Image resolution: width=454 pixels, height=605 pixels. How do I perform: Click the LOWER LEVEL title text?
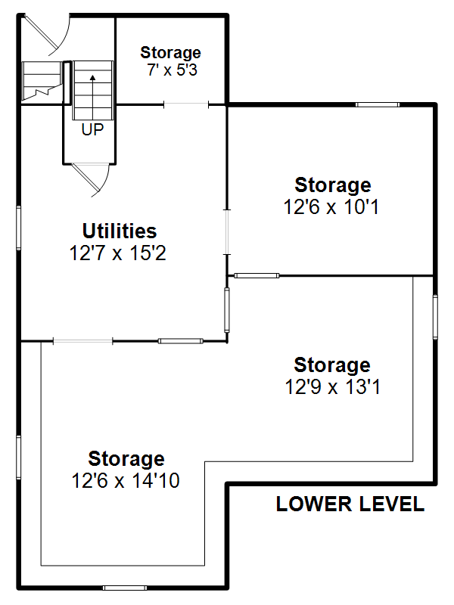350,504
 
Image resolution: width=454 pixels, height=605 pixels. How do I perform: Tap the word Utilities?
120,231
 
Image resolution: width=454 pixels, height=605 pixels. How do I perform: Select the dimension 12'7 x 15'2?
118,253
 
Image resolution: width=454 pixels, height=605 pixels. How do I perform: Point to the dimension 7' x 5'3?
172,70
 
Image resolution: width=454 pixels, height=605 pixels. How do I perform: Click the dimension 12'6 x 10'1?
331,206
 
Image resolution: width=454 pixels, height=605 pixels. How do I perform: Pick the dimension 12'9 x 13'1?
332,386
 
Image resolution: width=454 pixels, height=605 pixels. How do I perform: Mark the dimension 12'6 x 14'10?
126,481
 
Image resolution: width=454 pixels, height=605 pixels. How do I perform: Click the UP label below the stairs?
92,130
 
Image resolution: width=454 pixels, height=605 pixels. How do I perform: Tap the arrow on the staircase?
92,97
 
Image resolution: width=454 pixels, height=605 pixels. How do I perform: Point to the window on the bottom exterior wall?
125,588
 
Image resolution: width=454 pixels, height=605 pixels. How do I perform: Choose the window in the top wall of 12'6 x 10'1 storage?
377,104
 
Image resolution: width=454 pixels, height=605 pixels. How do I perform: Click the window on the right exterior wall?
436,317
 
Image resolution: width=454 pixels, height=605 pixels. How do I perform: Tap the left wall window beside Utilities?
18,228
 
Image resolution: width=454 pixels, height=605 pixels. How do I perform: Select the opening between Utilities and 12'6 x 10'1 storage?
227,232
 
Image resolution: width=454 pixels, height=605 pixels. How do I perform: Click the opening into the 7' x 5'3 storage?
186,104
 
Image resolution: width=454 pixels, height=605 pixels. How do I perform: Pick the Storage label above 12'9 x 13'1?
332,365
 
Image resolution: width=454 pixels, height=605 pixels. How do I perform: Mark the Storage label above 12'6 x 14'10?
126,459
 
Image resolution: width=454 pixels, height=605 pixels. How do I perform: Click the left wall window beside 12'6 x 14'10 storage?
18,458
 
